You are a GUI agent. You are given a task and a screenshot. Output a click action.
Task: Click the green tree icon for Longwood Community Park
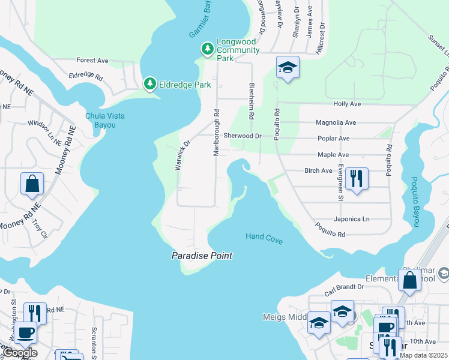tap(208, 49)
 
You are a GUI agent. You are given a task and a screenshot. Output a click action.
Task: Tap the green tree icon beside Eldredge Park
tap(149, 85)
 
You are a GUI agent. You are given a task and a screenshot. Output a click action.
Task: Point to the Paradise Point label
tap(202, 256)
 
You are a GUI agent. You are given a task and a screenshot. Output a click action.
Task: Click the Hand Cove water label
tap(264, 237)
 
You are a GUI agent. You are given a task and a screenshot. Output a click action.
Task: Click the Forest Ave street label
tap(92, 61)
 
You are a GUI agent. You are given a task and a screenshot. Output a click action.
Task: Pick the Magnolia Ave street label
tap(336, 122)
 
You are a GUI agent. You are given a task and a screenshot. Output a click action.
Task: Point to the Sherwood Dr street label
tap(243, 136)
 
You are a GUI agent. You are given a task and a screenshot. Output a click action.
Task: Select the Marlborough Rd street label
tap(217, 133)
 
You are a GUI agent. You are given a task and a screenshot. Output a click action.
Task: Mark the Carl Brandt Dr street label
tap(344, 287)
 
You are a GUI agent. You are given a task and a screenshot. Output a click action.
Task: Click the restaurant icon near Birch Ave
tap(357, 178)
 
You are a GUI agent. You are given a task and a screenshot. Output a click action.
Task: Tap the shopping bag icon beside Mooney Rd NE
tap(32, 184)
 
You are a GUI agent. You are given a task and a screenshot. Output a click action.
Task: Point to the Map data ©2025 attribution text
tap(423, 355)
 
